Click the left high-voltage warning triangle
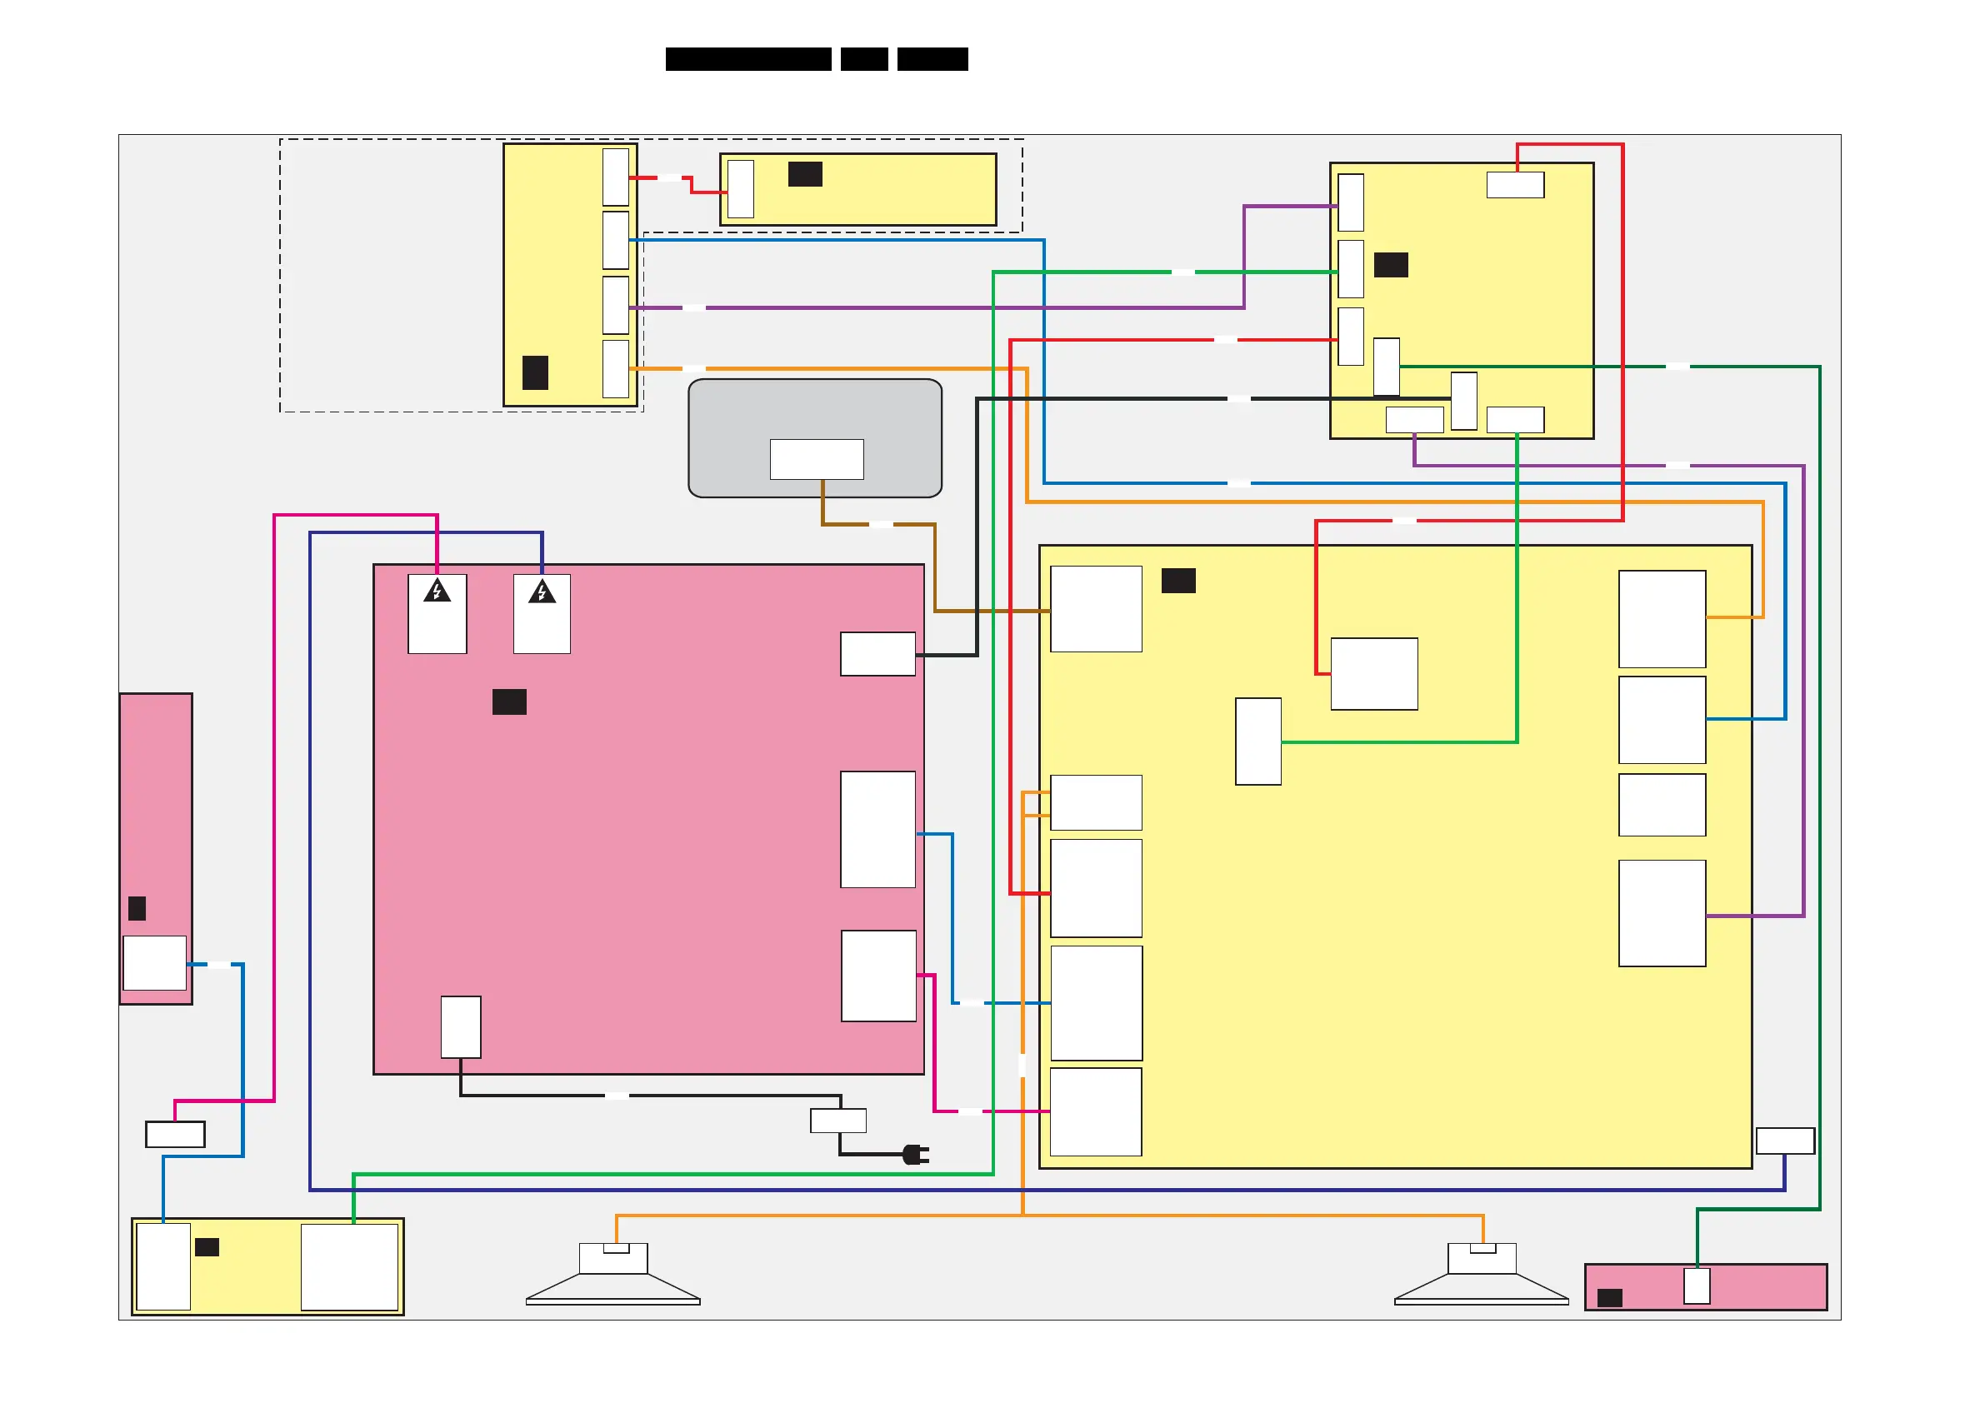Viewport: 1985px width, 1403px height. tap(437, 592)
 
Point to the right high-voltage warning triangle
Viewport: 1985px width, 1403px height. tap(542, 592)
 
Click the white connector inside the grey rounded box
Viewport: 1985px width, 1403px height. tap(816, 459)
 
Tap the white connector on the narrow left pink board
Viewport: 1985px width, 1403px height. tap(155, 962)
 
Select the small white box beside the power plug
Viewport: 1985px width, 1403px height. tap(837, 1121)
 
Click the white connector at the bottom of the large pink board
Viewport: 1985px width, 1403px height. tap(461, 1027)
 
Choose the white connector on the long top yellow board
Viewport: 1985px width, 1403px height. tap(741, 189)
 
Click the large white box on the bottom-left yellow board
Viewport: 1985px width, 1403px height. tap(349, 1266)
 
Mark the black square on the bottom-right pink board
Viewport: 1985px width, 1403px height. tap(1609, 1297)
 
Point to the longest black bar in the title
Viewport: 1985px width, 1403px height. tap(747, 59)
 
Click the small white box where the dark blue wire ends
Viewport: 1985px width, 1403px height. tap(1784, 1141)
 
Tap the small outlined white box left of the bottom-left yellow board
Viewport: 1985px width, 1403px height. tap(176, 1134)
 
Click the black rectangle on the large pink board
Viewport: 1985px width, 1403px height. tap(509, 702)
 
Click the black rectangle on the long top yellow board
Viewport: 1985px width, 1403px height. tap(805, 175)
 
